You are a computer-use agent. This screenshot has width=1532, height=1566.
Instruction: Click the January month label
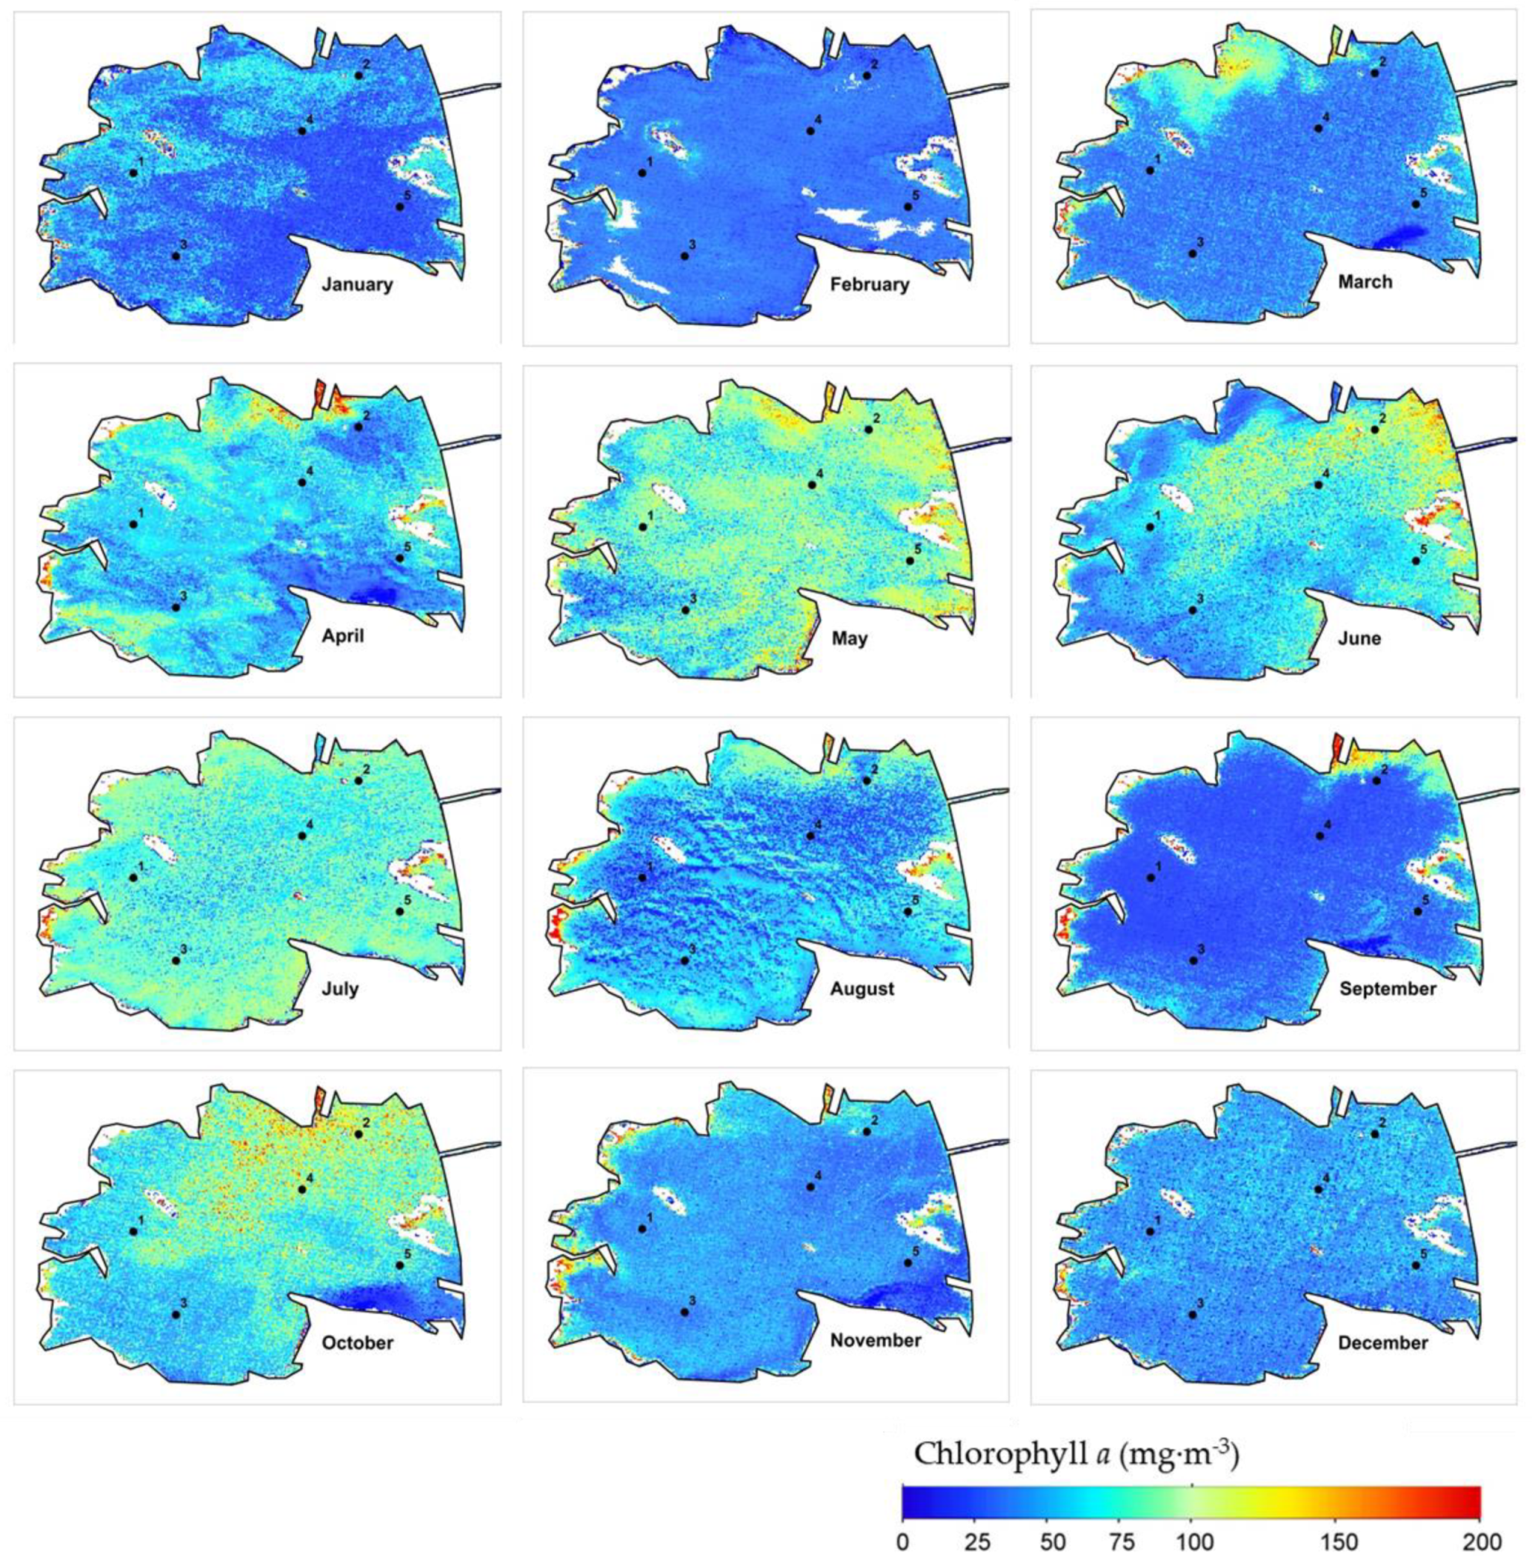click(357, 284)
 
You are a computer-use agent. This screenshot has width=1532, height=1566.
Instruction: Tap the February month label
click(869, 284)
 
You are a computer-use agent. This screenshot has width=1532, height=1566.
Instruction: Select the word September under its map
click(1387, 988)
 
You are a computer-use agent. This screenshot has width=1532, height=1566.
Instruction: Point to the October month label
click(357, 1342)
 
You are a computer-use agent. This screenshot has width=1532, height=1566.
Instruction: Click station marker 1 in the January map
click(133, 173)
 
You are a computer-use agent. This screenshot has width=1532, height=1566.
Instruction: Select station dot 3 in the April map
click(176, 607)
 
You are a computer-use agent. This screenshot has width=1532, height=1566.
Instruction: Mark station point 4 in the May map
click(812, 485)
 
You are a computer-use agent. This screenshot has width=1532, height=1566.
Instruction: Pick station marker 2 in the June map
click(1374, 430)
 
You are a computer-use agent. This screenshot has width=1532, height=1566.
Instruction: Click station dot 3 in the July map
click(176, 960)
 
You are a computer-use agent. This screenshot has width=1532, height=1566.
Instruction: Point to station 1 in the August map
click(642, 877)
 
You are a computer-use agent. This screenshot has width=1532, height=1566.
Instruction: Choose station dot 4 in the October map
click(302, 1189)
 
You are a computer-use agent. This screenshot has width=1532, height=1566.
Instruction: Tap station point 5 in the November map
click(907, 1262)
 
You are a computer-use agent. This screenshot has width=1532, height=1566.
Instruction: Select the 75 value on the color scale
click(1119, 1540)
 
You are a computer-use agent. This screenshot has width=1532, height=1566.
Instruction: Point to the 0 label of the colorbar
click(903, 1540)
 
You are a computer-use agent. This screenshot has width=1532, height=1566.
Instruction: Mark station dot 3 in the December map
click(1193, 1314)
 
